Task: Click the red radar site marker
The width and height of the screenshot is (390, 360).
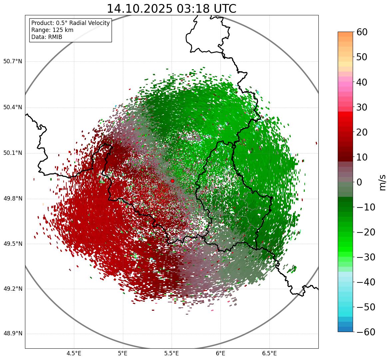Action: pyautogui.click(x=173, y=181)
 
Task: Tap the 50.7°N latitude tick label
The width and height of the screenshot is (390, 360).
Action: pyautogui.click(x=13, y=62)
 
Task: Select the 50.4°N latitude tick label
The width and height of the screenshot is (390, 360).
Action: pyautogui.click(x=13, y=108)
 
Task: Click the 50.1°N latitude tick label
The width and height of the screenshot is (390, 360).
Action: pyautogui.click(x=13, y=153)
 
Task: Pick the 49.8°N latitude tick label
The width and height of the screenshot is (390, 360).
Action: pyautogui.click(x=13, y=199)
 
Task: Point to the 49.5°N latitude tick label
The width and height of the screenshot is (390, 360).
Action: pyautogui.click(x=13, y=244)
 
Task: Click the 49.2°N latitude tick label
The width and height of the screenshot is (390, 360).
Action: pyautogui.click(x=13, y=289)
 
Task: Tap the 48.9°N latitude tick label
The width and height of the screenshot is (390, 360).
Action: pyautogui.click(x=13, y=334)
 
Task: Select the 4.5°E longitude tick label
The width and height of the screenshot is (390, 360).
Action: pyautogui.click(x=74, y=353)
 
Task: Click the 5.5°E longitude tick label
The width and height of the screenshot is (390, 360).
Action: pyautogui.click(x=172, y=353)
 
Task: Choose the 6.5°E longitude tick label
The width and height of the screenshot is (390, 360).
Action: pyautogui.click(x=269, y=353)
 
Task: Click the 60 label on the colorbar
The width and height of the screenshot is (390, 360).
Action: pyautogui.click(x=362, y=32)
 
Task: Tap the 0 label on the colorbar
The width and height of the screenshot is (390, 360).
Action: pyautogui.click(x=359, y=182)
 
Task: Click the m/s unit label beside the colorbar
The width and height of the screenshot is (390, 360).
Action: pyautogui.click(x=383, y=182)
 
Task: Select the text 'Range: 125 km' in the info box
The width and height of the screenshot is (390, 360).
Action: pyautogui.click(x=52, y=30)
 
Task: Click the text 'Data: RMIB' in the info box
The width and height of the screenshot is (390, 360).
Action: pyautogui.click(x=47, y=37)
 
